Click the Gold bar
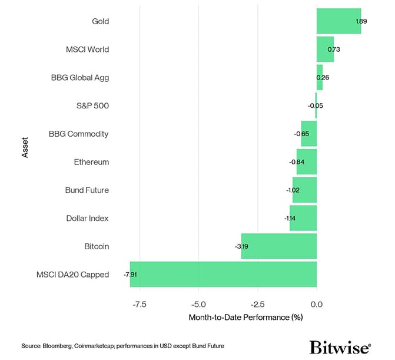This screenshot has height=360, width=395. [x=338, y=21]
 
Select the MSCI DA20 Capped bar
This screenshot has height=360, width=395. [x=223, y=275]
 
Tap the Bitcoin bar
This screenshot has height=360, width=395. [x=279, y=246]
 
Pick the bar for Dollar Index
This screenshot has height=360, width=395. [x=303, y=218]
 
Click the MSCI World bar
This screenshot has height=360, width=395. [x=325, y=49]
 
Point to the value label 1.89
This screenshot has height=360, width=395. [x=361, y=21]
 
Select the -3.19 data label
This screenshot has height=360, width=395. [x=241, y=246]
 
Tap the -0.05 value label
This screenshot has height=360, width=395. [x=316, y=106]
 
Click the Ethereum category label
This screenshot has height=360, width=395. [x=91, y=162]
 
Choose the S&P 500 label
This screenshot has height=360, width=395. [x=92, y=106]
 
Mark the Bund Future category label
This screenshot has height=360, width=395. [x=87, y=190]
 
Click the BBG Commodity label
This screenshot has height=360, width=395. [x=79, y=134]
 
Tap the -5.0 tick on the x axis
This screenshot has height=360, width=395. [x=198, y=305]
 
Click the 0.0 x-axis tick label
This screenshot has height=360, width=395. [x=317, y=305]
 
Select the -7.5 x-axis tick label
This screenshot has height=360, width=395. [x=140, y=305]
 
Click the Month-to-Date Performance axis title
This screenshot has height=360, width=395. [x=245, y=318]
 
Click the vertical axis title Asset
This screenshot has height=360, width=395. [x=25, y=148]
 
